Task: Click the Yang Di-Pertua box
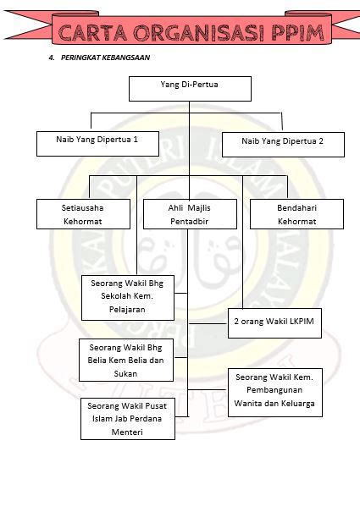[x=190, y=89]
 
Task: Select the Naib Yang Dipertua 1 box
[x=97, y=144]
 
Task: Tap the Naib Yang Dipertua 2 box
[x=283, y=145]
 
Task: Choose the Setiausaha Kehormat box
[x=83, y=214]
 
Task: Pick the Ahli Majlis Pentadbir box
[x=190, y=214]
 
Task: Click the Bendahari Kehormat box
[x=296, y=214]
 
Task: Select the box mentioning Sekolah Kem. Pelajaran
[x=128, y=298]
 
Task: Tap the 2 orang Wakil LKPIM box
[x=274, y=323]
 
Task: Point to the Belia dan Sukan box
[x=126, y=361]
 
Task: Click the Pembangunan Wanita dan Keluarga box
[x=275, y=393]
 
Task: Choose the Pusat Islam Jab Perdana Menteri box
[x=128, y=419]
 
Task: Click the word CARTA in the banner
[x=92, y=33]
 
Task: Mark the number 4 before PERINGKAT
[x=51, y=58]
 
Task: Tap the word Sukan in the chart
[x=125, y=373]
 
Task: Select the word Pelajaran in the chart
[x=127, y=309]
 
